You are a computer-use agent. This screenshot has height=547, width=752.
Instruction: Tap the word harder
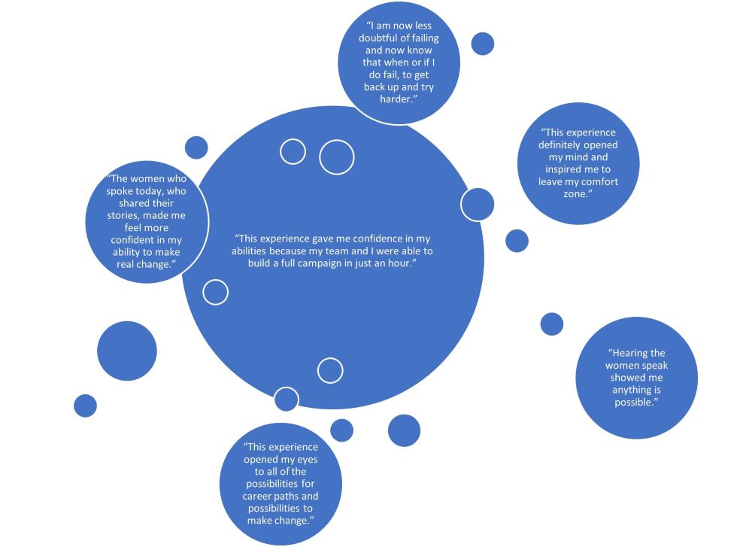[395, 99]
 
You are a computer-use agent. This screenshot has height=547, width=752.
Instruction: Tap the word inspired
[563, 169]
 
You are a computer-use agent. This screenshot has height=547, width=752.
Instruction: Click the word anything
[629, 390]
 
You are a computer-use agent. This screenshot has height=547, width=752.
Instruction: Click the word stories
[123, 215]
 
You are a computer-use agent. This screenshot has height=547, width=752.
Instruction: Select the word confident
[132, 240]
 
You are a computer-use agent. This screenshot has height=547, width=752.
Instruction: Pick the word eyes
[308, 460]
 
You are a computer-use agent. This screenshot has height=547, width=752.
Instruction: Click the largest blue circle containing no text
[127, 351]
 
